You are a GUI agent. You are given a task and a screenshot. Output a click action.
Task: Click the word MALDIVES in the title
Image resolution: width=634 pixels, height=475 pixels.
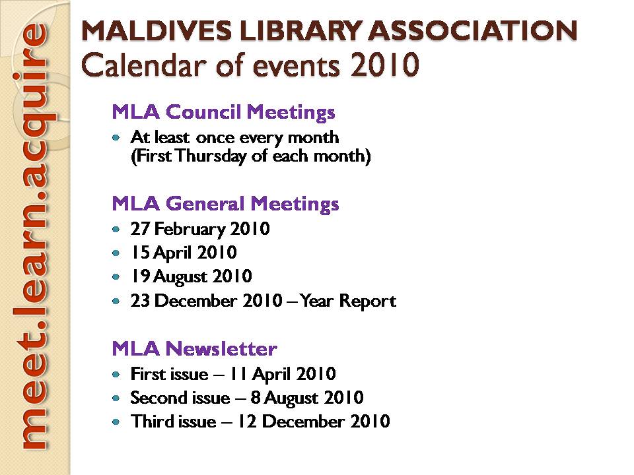tap(157, 31)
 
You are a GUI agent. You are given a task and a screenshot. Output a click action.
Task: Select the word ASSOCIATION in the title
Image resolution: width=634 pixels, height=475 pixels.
tap(473, 31)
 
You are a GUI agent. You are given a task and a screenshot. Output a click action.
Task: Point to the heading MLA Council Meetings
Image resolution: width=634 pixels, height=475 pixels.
tap(224, 112)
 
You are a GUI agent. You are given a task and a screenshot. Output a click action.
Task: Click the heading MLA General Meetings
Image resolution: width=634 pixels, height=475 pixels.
tap(225, 204)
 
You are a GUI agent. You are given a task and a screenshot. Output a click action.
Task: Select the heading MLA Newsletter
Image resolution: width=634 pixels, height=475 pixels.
tap(194, 348)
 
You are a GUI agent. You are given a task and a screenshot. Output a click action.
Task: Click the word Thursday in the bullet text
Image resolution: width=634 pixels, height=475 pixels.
tap(211, 156)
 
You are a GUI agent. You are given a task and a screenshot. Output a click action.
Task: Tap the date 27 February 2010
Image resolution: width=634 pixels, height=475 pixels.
tap(200, 229)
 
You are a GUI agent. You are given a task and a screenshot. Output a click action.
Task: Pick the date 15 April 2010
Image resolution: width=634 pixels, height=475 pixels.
tap(184, 253)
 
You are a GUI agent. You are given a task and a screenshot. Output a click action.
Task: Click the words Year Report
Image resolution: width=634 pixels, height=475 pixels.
tap(348, 301)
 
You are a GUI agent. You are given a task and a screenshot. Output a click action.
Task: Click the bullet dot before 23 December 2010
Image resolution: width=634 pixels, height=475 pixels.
tap(116, 301)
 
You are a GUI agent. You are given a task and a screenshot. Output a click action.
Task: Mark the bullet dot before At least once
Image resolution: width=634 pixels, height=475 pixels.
tap(116, 138)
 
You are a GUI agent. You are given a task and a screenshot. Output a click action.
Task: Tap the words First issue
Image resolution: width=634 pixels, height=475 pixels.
tap(170, 374)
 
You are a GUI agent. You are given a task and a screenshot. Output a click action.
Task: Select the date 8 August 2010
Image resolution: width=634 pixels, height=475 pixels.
tap(307, 398)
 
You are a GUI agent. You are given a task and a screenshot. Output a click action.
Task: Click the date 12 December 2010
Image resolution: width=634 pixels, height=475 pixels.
tap(313, 422)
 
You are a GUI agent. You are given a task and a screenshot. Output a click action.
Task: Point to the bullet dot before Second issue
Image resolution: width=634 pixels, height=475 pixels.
tap(116, 398)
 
